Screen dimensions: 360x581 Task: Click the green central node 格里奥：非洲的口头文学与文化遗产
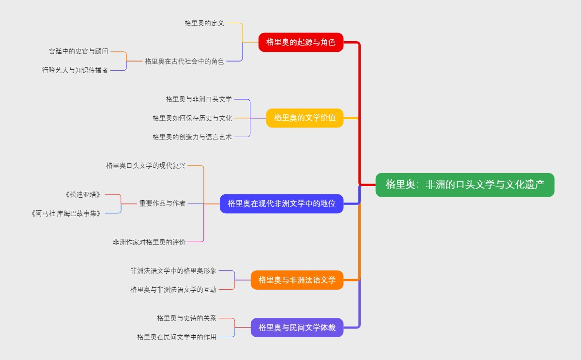click(465, 185)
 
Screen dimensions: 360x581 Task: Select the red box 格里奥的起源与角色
click(301, 42)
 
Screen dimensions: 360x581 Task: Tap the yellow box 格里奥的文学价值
click(305, 118)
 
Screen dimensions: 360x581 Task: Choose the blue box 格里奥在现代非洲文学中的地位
click(281, 203)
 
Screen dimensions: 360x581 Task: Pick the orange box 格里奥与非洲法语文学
click(297, 280)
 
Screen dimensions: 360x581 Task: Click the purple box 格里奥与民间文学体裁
click(297, 328)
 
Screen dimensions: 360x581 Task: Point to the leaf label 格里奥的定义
click(204, 23)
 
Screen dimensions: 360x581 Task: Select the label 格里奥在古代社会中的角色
click(184, 61)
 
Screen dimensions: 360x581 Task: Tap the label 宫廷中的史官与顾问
click(78, 51)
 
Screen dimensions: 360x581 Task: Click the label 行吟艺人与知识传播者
click(75, 70)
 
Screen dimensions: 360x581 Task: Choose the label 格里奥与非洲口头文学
click(199, 99)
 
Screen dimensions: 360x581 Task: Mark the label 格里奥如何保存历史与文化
click(192, 118)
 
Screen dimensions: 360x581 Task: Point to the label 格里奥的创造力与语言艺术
click(192, 137)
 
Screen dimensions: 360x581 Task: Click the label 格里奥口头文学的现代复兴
click(146, 166)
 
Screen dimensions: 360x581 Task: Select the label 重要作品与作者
click(162, 203)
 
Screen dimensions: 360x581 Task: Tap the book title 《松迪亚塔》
click(83, 194)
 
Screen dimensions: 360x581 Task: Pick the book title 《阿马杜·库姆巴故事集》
click(66, 213)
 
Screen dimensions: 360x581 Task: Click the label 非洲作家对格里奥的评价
click(149, 242)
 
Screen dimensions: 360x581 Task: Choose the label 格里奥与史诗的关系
click(186, 318)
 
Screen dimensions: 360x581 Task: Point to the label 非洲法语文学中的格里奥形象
click(173, 271)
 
